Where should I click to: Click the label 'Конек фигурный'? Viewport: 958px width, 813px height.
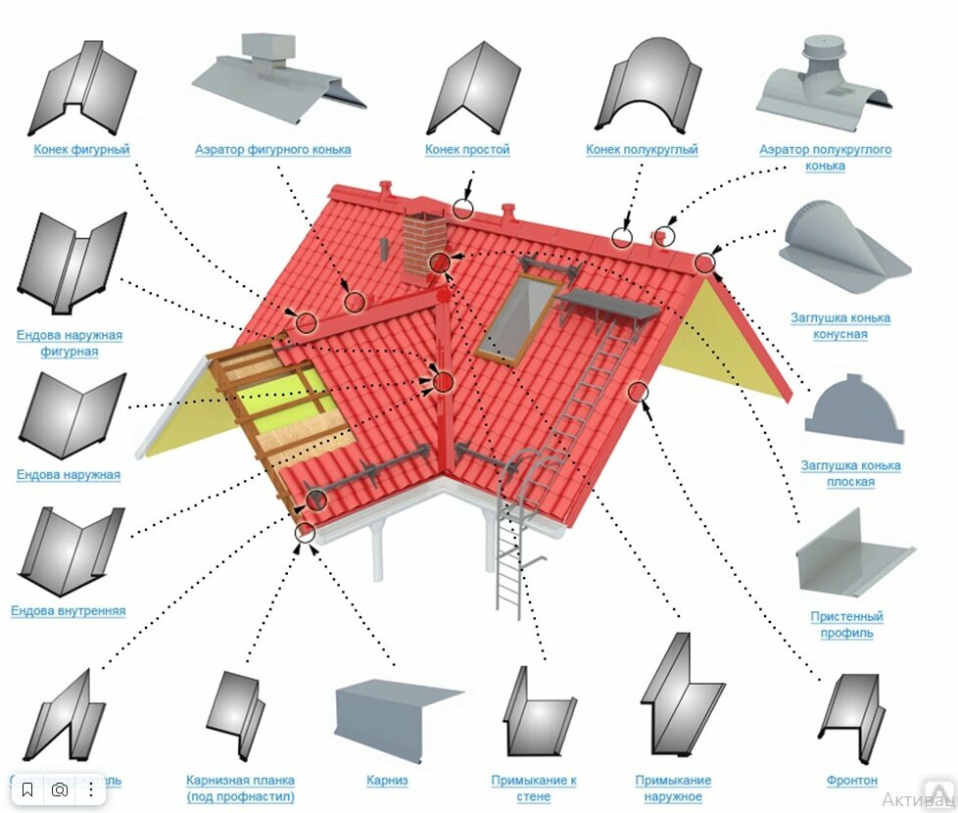tap(81, 150)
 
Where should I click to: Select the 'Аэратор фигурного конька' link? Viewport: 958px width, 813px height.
tap(272, 150)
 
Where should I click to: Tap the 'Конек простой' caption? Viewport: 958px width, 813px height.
tap(467, 150)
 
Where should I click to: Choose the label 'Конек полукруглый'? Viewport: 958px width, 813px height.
tap(642, 150)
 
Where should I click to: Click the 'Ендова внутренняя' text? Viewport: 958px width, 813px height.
tap(69, 611)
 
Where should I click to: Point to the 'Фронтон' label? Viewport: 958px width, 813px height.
tap(851, 781)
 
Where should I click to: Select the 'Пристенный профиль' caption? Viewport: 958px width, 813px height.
tap(846, 625)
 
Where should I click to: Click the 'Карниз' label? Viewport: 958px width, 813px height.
tap(387, 781)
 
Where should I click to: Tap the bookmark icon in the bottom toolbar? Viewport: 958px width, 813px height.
tap(27, 789)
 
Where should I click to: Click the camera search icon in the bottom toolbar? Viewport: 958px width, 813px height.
tap(60, 789)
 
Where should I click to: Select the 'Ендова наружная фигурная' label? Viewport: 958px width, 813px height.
tap(69, 343)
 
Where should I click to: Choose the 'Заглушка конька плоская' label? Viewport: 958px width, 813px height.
tap(849, 474)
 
